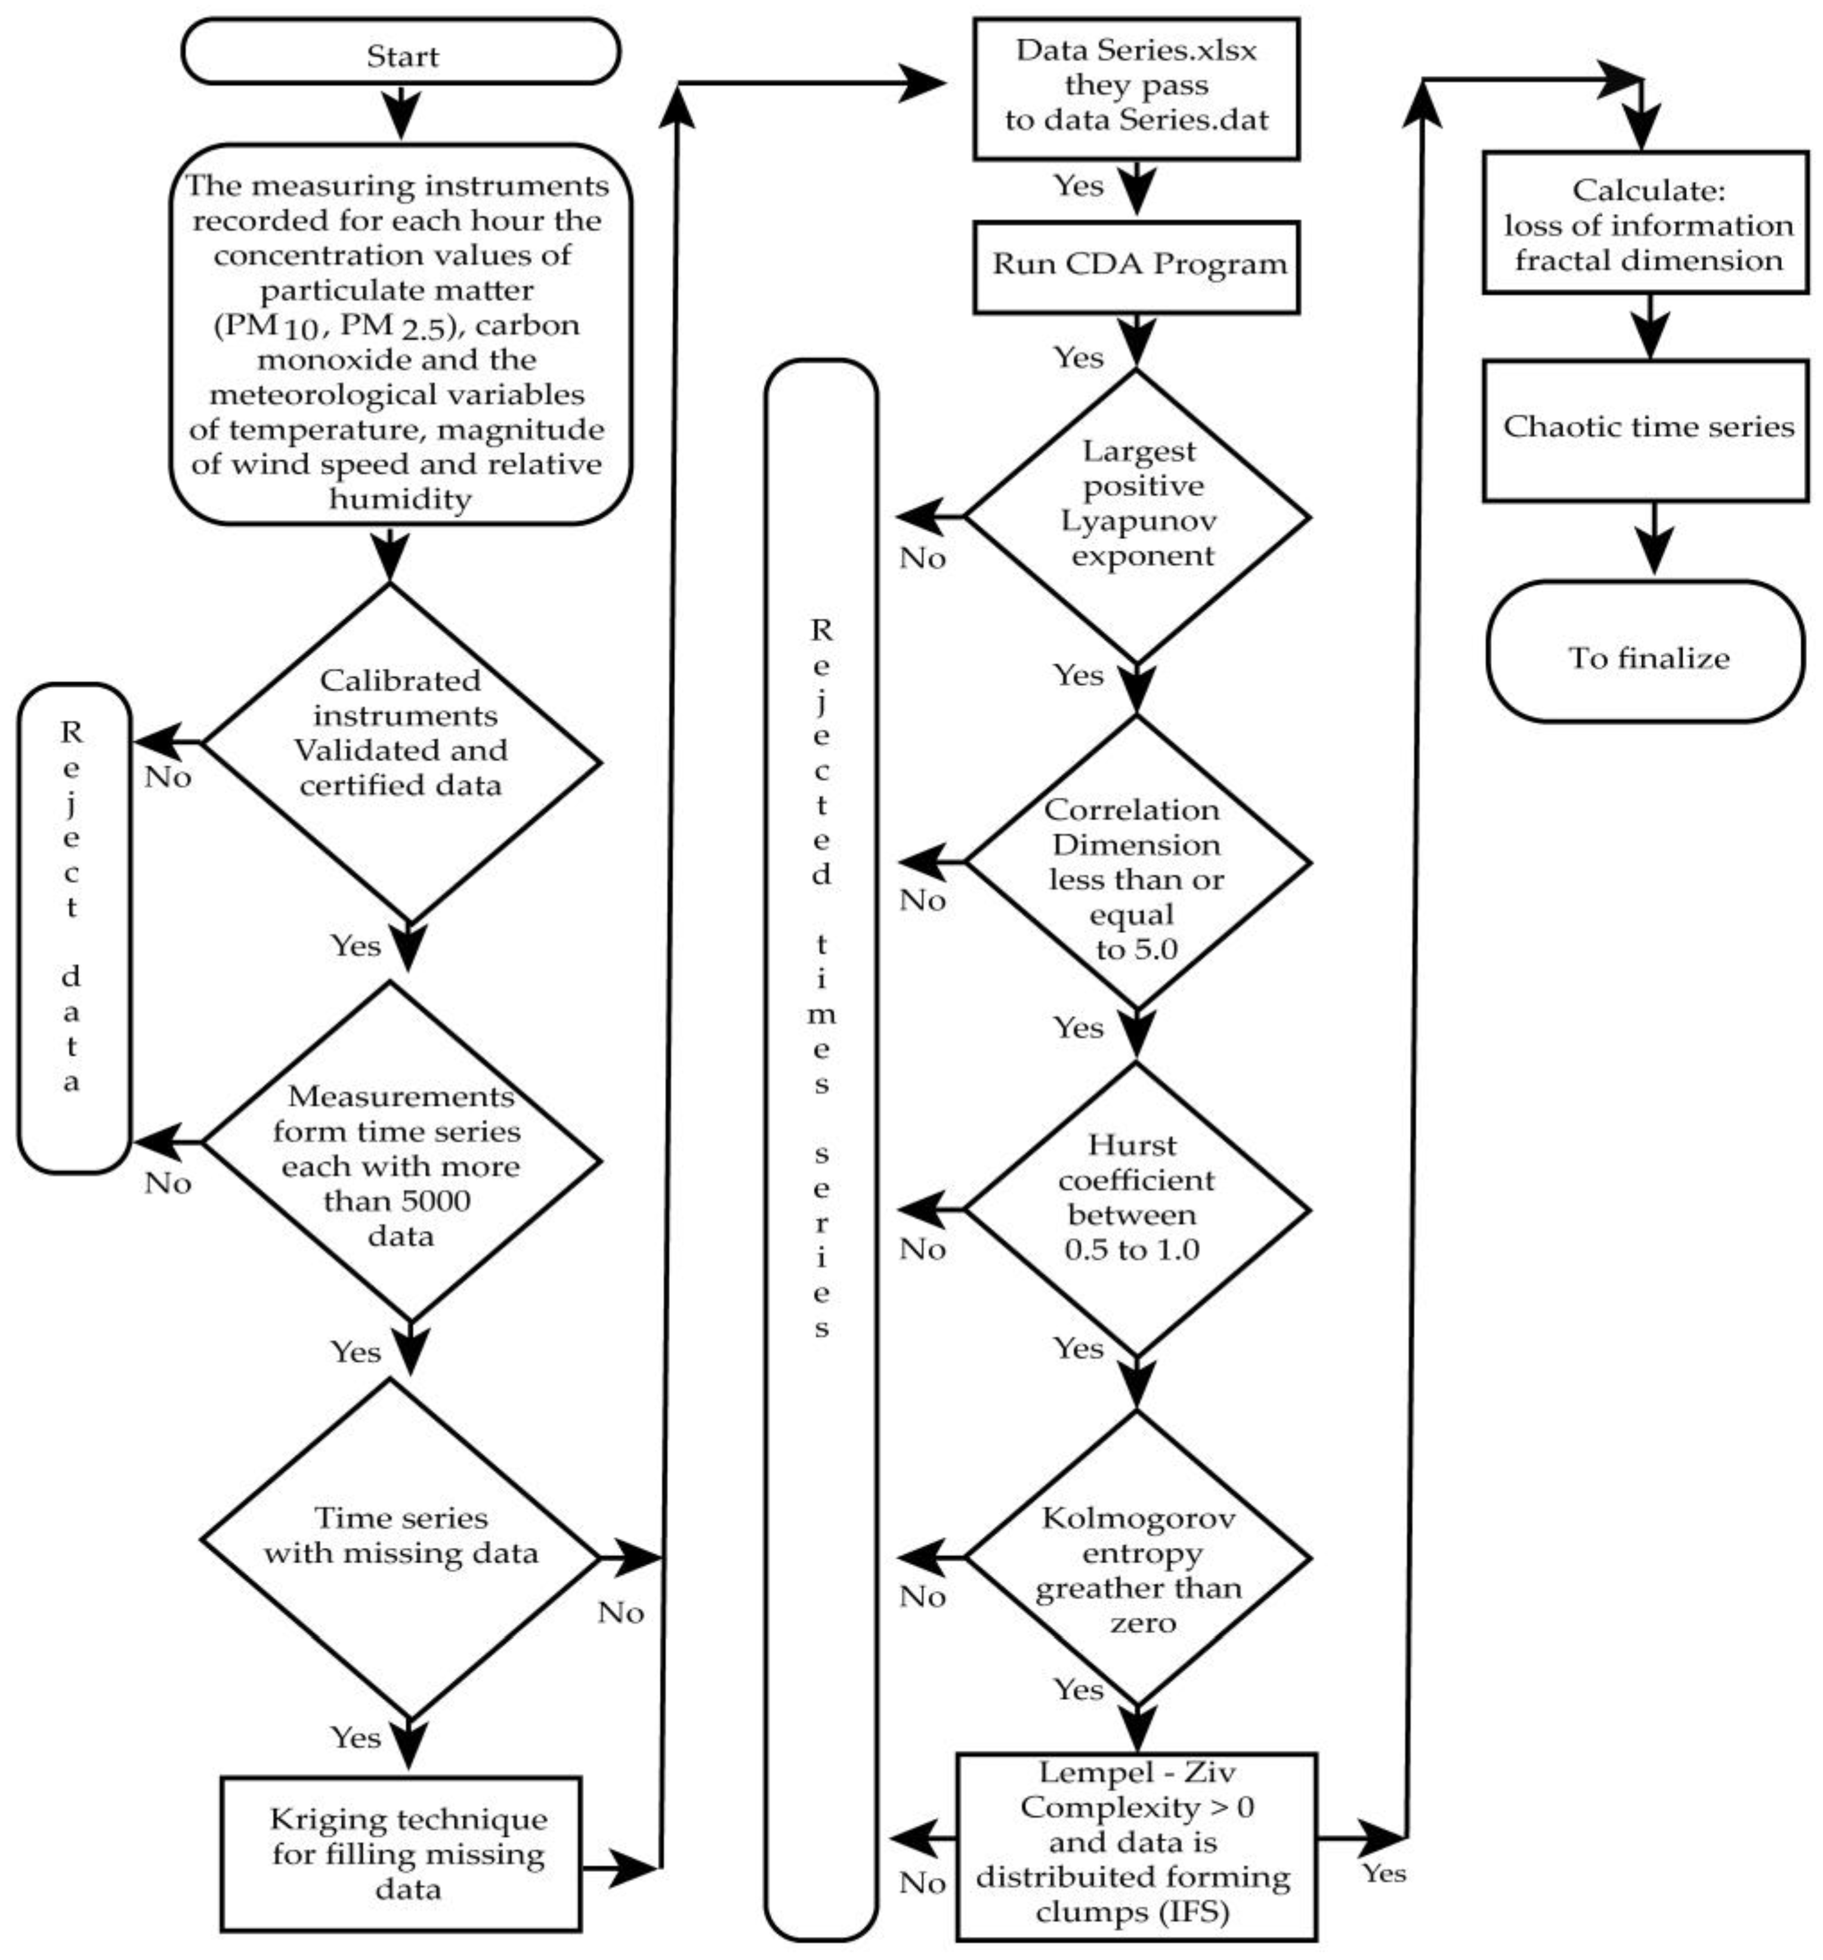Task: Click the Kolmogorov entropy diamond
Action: click(1137, 1558)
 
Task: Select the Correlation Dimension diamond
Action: click(1137, 862)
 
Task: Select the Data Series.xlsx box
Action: click(1137, 86)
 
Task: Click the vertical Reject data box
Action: click(73, 927)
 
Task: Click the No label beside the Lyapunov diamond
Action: click(922, 558)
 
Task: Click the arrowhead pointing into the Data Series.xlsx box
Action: click(924, 84)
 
